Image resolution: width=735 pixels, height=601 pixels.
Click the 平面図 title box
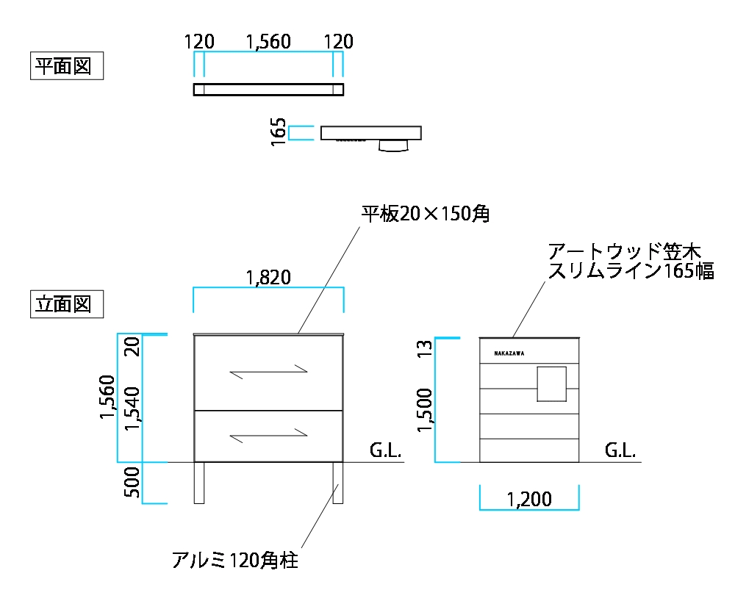click(67, 66)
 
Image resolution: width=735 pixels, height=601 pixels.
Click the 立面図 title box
click(67, 304)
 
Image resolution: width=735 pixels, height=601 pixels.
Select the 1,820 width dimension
click(268, 278)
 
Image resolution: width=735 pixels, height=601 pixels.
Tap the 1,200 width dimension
click(529, 500)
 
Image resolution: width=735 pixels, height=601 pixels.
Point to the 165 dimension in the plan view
click(279, 132)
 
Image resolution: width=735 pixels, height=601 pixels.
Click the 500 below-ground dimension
click(132, 483)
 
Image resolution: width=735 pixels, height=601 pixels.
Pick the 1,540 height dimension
click(132, 409)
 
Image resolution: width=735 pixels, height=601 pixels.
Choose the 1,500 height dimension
click(425, 411)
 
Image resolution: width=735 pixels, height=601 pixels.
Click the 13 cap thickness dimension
click(425, 348)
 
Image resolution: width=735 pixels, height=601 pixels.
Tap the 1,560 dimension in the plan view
click(268, 42)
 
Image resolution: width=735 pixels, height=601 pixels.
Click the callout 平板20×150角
click(426, 214)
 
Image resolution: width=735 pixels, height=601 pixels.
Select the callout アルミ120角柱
click(235, 561)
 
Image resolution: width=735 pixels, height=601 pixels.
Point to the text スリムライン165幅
click(631, 271)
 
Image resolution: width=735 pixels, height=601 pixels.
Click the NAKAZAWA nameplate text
click(509, 353)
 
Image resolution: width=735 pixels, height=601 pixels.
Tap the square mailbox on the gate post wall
click(552, 384)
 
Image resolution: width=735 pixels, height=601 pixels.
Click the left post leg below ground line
click(199, 483)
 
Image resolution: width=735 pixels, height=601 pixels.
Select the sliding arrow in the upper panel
click(268, 372)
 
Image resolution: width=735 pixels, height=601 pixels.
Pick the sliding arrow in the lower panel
click(268, 436)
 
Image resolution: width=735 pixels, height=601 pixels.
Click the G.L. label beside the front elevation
click(385, 450)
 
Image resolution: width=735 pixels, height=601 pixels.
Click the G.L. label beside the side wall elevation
click(620, 450)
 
